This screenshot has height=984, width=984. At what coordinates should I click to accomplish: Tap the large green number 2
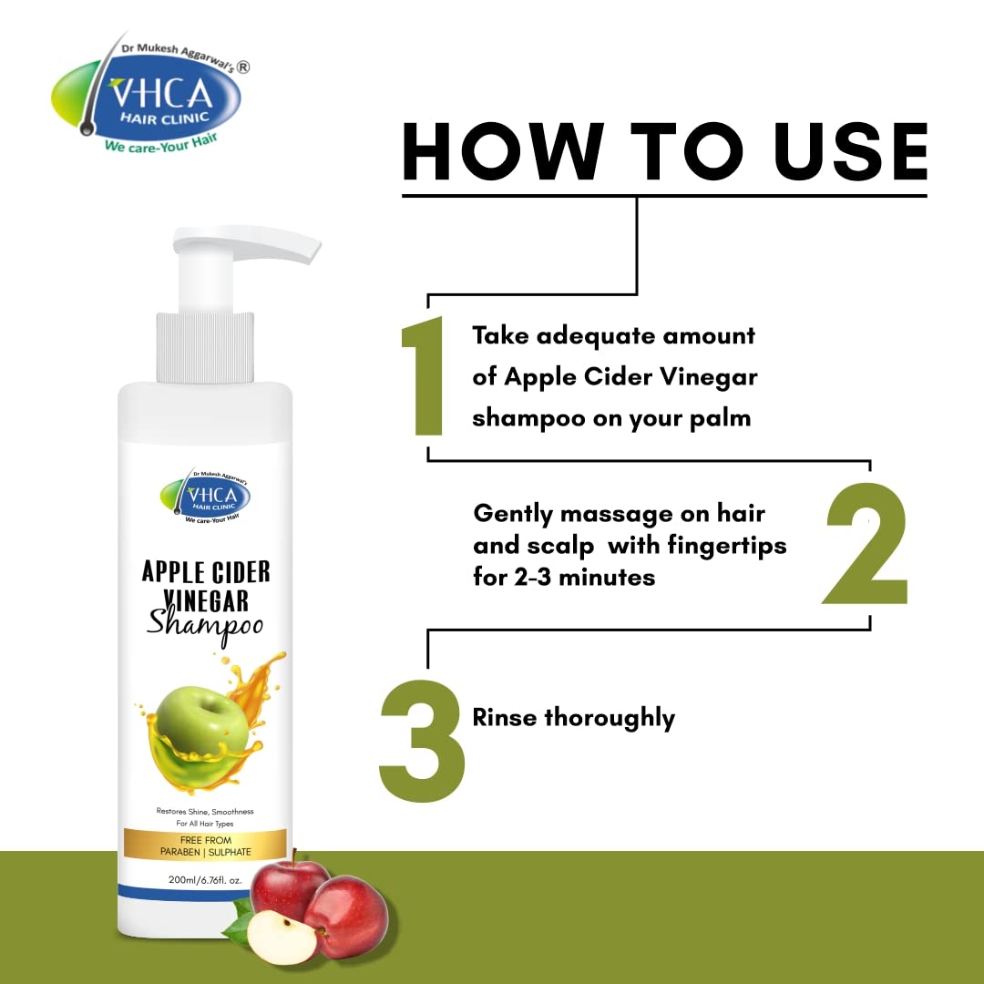pos(866,543)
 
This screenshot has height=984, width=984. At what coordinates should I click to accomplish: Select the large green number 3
pos(423,741)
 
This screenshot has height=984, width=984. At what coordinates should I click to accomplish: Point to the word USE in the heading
pos(850,151)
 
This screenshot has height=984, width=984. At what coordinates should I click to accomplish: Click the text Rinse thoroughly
pos(574,718)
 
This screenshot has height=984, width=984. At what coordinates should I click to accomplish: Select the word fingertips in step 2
pos(727,546)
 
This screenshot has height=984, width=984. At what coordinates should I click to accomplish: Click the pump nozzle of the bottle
pos(247,243)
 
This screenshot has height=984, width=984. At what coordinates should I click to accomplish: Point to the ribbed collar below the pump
pos(205,347)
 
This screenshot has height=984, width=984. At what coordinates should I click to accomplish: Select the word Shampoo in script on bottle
pos(205,625)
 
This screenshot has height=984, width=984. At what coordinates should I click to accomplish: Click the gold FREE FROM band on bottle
pos(205,845)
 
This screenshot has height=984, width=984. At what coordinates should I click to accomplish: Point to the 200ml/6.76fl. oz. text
pos(205,880)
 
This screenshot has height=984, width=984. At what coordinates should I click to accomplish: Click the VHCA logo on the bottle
pos(205,497)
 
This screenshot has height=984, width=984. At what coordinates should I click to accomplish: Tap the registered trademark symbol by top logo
pos(243,67)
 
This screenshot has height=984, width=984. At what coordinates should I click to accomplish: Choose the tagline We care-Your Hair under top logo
pos(161,144)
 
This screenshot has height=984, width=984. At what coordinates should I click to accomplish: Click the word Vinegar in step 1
pos(709,378)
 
